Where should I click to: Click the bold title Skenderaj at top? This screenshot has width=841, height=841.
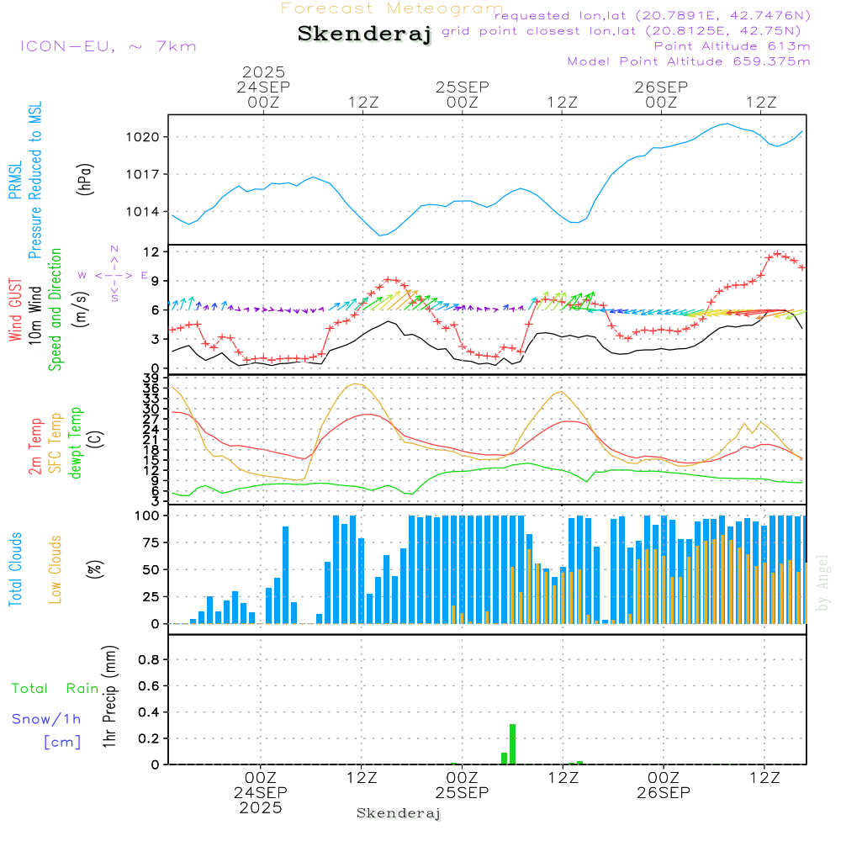[x=364, y=34]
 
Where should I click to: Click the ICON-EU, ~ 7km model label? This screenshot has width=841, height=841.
[x=108, y=46]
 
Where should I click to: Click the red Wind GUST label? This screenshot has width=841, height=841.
[x=16, y=312]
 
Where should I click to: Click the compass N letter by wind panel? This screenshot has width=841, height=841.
[x=114, y=249]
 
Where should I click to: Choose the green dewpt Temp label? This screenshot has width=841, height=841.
[x=76, y=443]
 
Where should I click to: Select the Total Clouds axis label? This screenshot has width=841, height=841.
[x=16, y=569]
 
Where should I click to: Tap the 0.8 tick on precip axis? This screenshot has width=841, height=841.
[x=150, y=660]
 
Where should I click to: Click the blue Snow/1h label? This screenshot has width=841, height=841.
[x=47, y=719]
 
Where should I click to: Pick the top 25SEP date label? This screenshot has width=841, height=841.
[x=462, y=87]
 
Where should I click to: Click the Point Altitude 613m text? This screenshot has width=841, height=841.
[x=732, y=46]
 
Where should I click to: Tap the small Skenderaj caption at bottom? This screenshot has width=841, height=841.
[x=399, y=813]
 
